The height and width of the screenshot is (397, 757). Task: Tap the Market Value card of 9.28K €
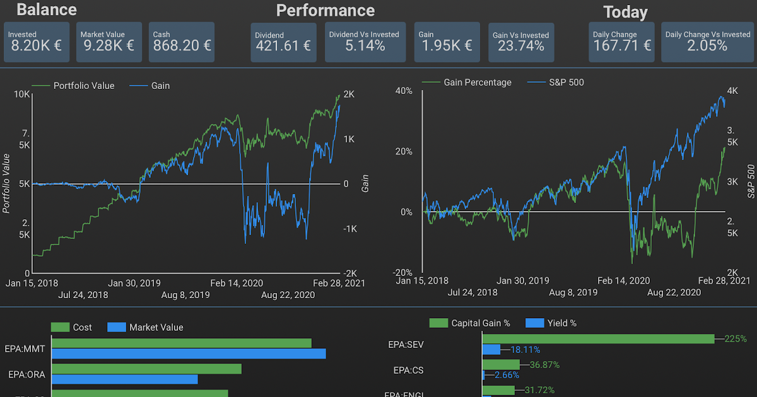coord(109,42)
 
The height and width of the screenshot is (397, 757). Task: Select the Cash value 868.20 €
coord(182,45)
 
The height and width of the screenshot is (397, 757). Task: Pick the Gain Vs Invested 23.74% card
coord(520,42)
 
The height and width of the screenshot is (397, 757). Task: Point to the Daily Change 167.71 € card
coord(621,42)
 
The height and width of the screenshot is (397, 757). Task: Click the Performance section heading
coord(325,11)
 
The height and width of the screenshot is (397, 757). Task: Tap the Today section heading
coord(625,12)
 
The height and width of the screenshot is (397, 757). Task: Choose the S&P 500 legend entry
coord(556,83)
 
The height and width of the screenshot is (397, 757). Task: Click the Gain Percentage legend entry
coord(477,83)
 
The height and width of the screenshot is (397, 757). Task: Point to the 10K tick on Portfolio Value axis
coord(22,95)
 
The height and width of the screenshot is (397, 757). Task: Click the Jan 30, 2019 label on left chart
coord(134,283)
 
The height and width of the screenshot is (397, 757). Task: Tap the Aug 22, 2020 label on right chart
coord(674,292)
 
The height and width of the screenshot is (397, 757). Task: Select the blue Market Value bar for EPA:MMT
coord(189,354)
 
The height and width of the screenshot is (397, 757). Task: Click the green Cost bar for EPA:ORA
coord(146,368)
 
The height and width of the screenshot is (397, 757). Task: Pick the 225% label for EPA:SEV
coord(736,339)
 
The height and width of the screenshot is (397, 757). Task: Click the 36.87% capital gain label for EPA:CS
coord(544,364)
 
